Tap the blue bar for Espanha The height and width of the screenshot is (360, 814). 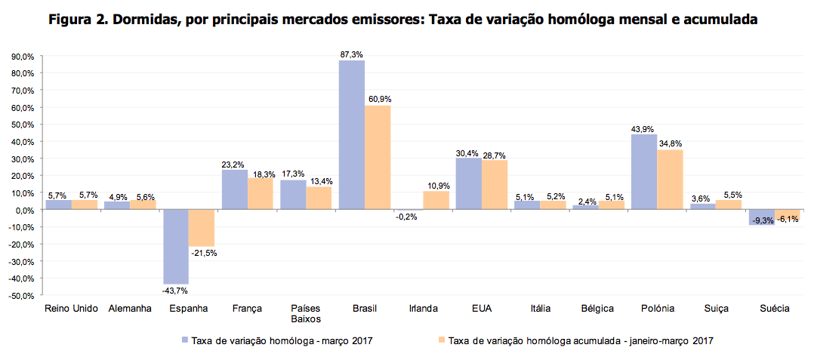176,246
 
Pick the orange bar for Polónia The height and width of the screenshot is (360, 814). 670,180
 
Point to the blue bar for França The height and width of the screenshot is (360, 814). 234,189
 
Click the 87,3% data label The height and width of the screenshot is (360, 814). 352,54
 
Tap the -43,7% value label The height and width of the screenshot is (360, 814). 175,291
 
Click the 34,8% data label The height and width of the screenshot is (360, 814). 671,143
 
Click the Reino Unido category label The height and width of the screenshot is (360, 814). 72,309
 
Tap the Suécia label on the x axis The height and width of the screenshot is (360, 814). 773,309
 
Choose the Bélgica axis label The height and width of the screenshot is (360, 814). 597,309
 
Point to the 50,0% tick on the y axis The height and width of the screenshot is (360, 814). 23,125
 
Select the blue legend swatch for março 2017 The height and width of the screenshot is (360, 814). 185,340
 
